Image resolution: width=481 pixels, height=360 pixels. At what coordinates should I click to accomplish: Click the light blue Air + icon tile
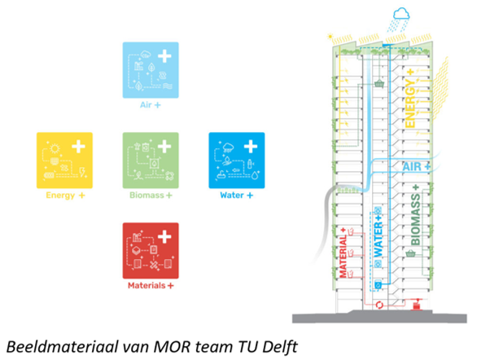151,70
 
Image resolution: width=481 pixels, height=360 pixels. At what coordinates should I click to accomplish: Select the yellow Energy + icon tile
64,160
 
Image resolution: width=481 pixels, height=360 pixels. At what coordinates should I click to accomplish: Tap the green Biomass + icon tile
151,160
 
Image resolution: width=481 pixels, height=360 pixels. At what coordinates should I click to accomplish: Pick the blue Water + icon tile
237,160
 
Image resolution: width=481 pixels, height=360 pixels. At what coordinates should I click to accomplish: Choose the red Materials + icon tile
151,250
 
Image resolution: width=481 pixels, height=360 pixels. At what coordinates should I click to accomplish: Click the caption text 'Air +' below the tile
151,105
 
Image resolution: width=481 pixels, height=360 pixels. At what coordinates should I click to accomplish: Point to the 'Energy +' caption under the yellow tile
65,195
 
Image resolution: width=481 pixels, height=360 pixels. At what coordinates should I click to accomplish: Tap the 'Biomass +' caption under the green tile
151,195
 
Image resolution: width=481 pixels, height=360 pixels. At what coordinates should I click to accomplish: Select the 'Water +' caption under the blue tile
237,195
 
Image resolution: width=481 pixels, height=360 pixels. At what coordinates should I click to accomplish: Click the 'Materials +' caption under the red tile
151,286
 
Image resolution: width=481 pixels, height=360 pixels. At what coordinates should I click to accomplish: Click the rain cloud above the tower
400,15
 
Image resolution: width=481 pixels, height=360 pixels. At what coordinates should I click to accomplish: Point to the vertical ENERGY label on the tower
410,99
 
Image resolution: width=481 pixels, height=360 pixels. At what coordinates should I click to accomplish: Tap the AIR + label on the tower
416,167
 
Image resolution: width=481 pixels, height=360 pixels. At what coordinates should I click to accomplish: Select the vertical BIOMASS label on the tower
415,215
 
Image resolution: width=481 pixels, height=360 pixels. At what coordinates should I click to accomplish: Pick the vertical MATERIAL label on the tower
343,252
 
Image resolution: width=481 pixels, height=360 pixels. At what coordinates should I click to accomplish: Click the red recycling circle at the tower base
379,305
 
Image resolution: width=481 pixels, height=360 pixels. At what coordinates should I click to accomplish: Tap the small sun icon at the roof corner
330,37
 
